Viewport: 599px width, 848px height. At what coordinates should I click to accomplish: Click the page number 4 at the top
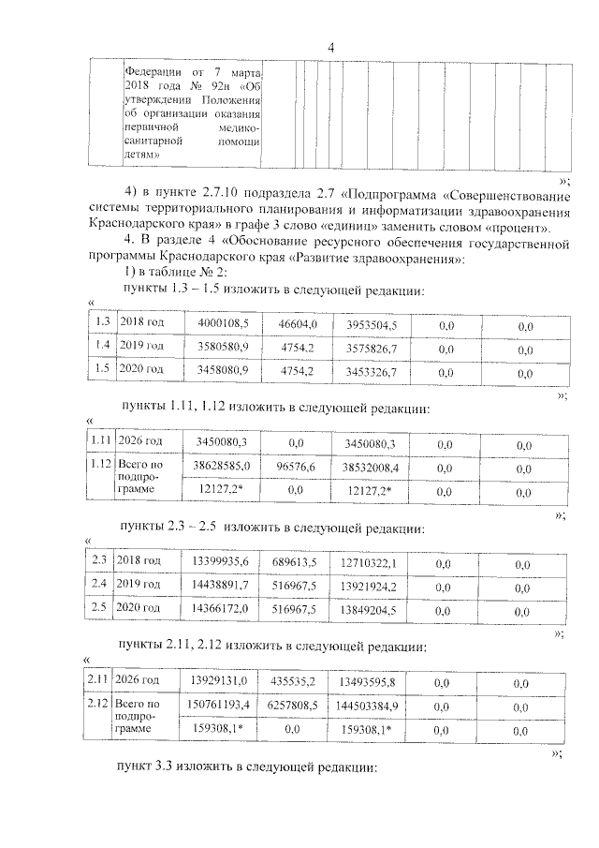click(329, 50)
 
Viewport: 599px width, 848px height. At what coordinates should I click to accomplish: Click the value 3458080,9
click(222, 371)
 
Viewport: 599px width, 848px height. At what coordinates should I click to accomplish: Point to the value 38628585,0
click(221, 465)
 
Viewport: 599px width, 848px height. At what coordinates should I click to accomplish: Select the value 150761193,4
click(220, 704)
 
